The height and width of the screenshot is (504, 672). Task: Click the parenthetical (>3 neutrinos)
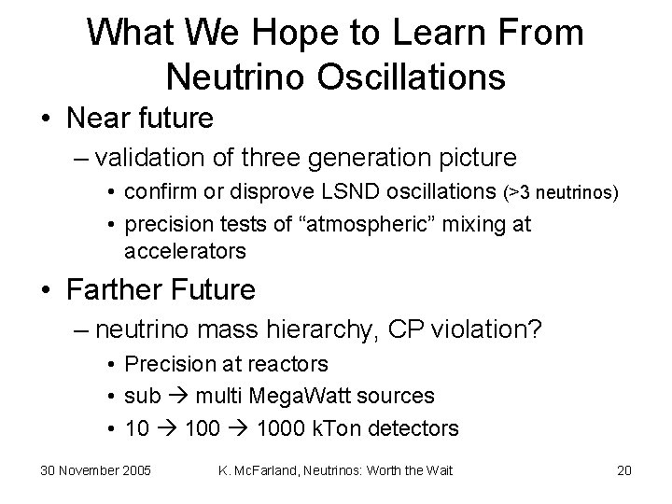pyautogui.click(x=560, y=193)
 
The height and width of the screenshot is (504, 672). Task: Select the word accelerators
pyautogui.click(x=185, y=251)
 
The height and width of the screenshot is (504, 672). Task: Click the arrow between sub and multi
pyautogui.click(x=178, y=397)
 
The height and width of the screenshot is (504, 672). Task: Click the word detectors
pyautogui.click(x=415, y=428)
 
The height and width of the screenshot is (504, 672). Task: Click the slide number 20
pyautogui.click(x=625, y=470)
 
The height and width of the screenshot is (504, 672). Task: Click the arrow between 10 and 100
pyautogui.click(x=167, y=428)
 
